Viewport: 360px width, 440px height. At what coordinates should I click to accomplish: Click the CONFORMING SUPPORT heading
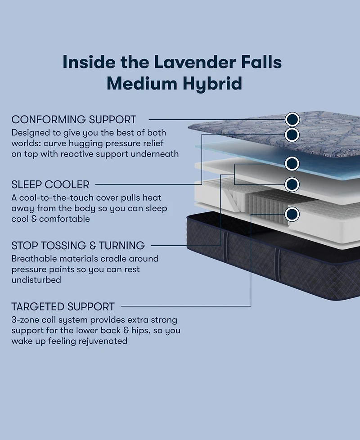[x=74, y=120]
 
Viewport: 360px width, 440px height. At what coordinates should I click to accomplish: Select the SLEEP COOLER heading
[x=50, y=184]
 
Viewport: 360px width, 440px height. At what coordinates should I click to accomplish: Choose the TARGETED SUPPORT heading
[x=63, y=307]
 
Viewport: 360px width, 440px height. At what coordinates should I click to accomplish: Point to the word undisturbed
[x=36, y=280]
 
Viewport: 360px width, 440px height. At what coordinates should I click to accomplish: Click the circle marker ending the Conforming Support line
[x=292, y=119]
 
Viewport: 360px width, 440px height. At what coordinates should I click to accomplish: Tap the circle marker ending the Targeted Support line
[x=292, y=214]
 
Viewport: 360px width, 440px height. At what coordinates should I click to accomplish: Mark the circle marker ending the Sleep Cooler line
[x=292, y=134]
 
